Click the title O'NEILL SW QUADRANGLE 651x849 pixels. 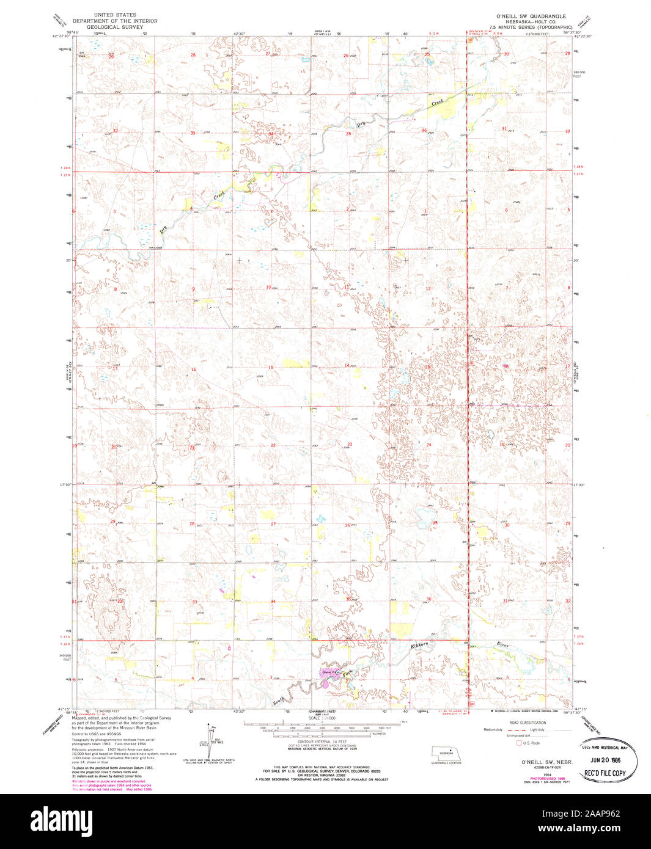tap(531, 16)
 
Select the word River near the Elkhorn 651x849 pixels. tap(502, 644)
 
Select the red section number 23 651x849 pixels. tap(350, 444)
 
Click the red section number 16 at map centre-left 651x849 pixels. tap(193, 369)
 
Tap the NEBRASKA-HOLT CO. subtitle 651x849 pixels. tap(530, 21)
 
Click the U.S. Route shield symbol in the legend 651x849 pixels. tap(520, 743)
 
